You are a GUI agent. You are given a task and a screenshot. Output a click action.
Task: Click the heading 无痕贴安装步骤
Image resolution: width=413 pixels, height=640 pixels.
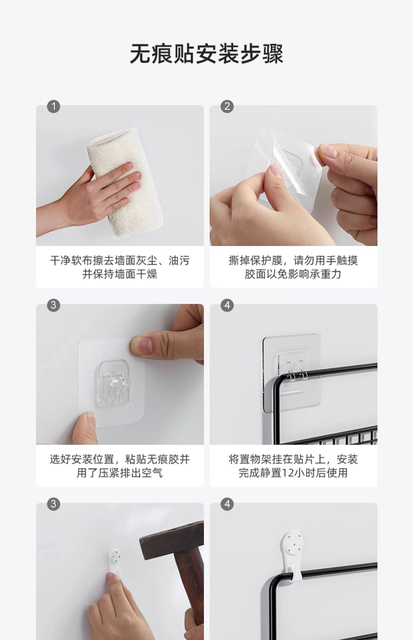tap(206, 53)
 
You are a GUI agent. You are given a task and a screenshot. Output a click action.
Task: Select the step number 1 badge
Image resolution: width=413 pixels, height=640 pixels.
tap(54, 106)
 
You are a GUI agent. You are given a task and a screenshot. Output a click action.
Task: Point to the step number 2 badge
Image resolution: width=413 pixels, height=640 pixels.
tap(227, 106)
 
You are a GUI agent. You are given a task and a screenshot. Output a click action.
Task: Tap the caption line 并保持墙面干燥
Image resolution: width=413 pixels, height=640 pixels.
tap(120, 274)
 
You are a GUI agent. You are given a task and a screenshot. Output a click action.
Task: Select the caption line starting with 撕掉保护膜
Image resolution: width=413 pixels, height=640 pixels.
tap(293, 260)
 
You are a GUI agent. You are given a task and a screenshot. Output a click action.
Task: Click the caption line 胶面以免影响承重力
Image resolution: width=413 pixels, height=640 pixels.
tap(293, 274)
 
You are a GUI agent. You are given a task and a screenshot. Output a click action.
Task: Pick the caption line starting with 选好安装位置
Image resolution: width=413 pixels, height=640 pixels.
tap(120, 459)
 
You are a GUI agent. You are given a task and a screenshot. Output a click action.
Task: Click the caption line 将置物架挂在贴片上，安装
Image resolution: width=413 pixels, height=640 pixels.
tap(293, 459)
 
